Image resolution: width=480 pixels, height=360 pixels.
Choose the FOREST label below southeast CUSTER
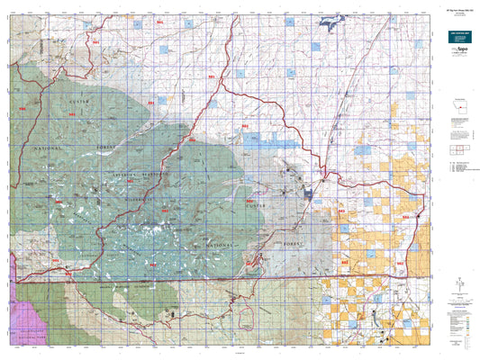294,242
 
